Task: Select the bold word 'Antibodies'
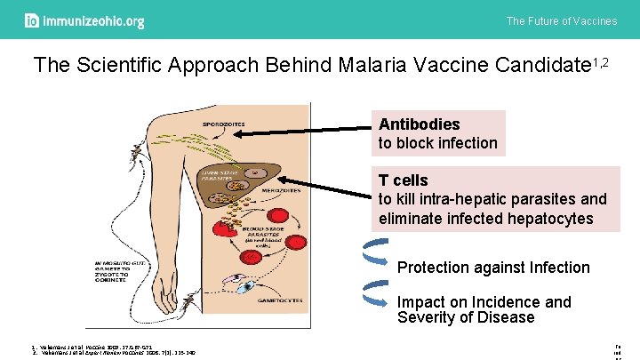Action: [x=420, y=124]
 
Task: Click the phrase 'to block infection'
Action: [x=438, y=143]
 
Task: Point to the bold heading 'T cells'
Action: [x=404, y=180]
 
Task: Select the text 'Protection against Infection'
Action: [x=493, y=268]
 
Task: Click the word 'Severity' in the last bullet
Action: [x=426, y=318]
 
